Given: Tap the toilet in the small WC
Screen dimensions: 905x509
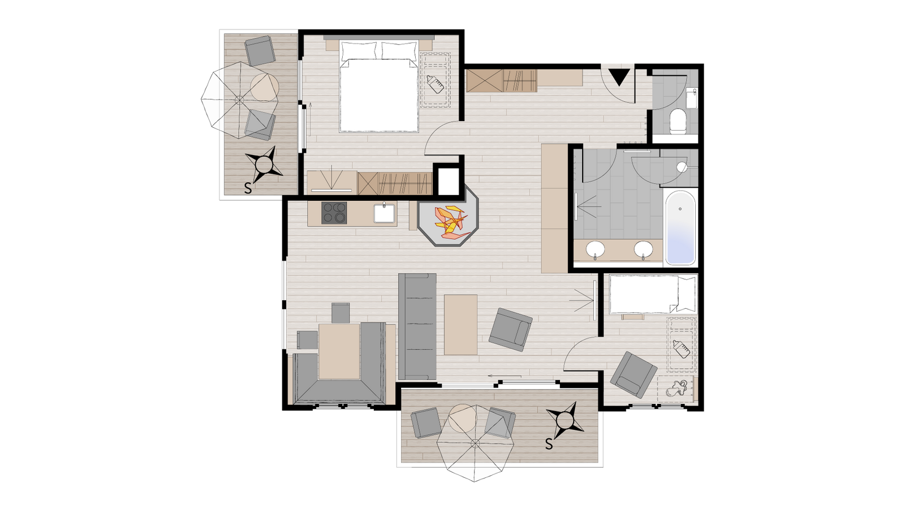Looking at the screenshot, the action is coord(678,121).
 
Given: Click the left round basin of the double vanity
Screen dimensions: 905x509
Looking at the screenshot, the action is coord(596,249).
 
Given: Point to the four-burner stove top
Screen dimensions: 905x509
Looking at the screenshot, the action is coord(334,213).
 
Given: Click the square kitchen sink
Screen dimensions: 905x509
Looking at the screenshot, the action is coord(385,213).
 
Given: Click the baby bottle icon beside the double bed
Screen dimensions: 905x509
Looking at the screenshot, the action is coord(435,84).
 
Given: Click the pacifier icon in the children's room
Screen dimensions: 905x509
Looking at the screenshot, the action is coord(675,389).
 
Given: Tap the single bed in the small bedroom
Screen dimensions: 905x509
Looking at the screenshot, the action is coord(653,294).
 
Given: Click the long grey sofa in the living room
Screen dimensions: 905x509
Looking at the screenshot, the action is coord(417,326).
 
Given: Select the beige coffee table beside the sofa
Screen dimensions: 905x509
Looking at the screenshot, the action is coord(460,325).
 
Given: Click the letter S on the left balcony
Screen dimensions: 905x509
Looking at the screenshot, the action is coord(248,188).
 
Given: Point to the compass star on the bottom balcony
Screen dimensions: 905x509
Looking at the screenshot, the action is coord(565,421).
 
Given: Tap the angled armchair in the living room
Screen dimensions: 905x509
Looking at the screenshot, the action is coord(510,330).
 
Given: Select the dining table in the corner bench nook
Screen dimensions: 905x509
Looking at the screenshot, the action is coord(339,351).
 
